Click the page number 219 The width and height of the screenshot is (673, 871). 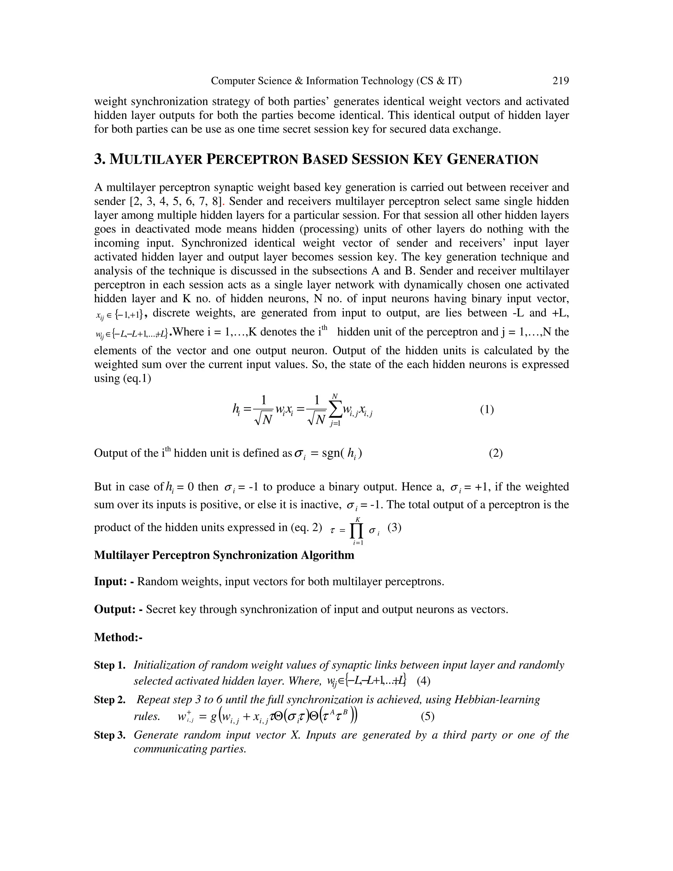point(560,81)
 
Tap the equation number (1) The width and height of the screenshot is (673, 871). point(487,410)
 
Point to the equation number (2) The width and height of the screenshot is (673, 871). point(496,453)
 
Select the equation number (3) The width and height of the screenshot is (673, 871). point(394,528)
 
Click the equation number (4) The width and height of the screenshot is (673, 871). point(423,680)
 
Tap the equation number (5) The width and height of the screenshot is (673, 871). point(428,716)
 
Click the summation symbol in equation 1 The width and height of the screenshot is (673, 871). point(335,410)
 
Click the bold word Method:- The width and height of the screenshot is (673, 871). point(118,637)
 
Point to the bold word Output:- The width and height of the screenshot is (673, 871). point(118,609)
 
